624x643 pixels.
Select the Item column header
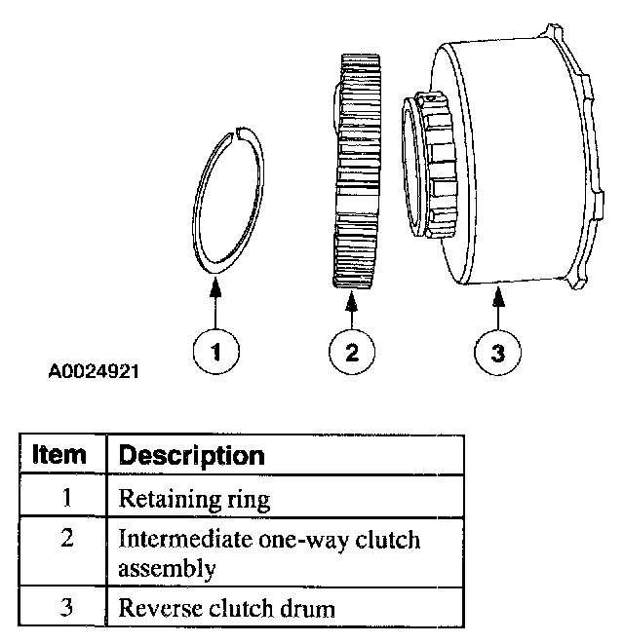click(60, 455)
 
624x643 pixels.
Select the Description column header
click(191, 455)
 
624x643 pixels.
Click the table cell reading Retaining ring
click(194, 500)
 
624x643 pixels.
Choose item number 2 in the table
click(67, 539)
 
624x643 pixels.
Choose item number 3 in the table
click(67, 609)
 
